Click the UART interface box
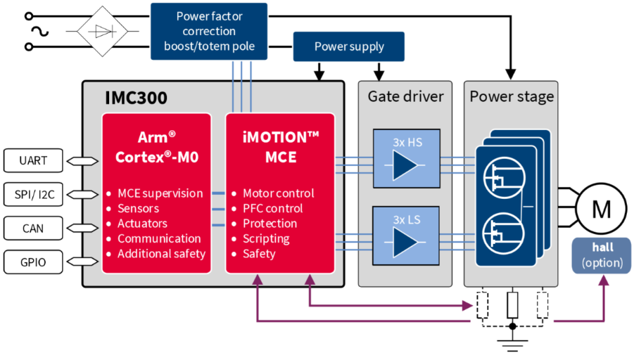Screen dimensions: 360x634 (x=33, y=160)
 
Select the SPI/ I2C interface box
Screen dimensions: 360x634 (x=33, y=194)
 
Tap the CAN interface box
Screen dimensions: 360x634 (x=33, y=228)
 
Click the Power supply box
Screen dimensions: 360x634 (x=348, y=46)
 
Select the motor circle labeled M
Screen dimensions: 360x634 (x=601, y=208)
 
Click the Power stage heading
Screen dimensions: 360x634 (x=512, y=96)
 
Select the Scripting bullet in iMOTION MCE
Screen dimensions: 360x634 (x=265, y=238)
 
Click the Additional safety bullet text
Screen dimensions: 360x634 (x=161, y=253)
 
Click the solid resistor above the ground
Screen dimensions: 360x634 (x=512, y=305)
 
